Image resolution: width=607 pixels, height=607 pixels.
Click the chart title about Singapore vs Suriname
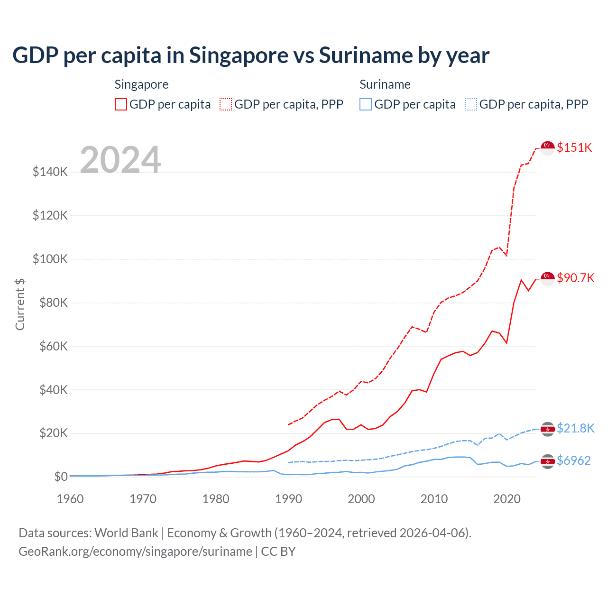click(251, 55)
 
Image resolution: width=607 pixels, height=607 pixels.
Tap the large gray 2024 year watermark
click(120, 160)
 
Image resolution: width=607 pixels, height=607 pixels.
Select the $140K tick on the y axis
click(50, 172)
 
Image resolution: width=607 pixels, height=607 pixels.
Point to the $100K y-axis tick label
click(50, 259)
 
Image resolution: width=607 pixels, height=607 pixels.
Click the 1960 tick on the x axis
click(70, 499)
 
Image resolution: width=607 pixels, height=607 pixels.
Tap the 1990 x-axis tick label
click(289, 499)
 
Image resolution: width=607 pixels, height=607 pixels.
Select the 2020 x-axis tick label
click(507, 499)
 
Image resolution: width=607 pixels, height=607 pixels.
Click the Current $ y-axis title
click(20, 304)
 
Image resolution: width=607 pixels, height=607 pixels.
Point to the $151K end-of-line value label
click(574, 147)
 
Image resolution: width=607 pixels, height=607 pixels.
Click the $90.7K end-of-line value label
click(575, 278)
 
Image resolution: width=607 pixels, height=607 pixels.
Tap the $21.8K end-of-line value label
click(575, 428)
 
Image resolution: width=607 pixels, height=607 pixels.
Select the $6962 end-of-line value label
click(574, 460)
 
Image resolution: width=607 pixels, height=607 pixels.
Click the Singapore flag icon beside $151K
click(548, 148)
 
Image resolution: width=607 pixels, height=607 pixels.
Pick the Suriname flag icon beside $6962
click(548, 461)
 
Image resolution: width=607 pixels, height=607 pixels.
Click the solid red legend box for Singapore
click(121, 104)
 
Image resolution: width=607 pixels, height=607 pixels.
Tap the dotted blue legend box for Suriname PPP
click(471, 104)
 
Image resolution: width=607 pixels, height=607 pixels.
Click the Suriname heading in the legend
click(385, 84)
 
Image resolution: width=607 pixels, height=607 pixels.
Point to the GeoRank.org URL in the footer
click(136, 552)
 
